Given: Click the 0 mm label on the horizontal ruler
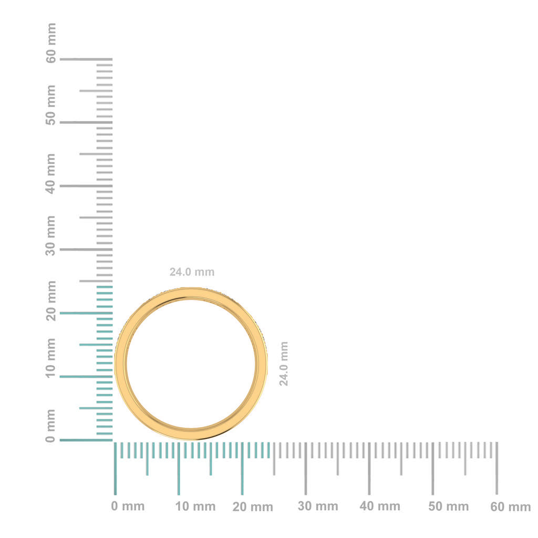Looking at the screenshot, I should (x=128, y=506).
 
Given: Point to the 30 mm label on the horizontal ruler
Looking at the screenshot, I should (x=318, y=506).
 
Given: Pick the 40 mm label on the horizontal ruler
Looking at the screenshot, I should (x=380, y=506).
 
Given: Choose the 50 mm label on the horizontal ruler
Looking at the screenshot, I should (x=448, y=507).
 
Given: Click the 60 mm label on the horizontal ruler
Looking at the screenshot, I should (x=511, y=507).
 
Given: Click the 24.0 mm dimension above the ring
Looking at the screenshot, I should (x=192, y=272).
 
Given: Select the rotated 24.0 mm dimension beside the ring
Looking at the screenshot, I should (x=284, y=364).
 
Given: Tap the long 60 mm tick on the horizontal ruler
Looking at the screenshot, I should (x=496, y=468).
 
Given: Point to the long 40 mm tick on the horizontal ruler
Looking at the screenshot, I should (x=369, y=468).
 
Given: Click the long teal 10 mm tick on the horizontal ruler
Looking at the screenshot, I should (x=179, y=468).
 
